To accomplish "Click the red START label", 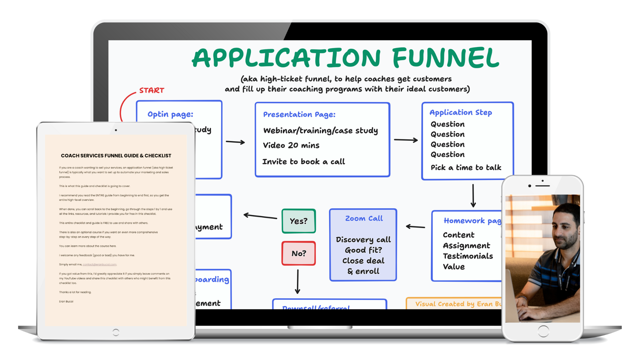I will (x=152, y=90).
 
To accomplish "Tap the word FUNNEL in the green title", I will (x=446, y=58).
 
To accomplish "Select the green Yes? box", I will (x=299, y=221).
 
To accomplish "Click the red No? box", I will (x=299, y=253).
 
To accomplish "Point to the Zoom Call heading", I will (x=364, y=219).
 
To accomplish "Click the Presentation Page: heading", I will (x=299, y=115).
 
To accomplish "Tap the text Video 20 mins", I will (x=291, y=145).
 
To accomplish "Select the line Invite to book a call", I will (x=304, y=162).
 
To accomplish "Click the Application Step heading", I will (x=461, y=113).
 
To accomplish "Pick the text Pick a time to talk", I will (x=466, y=167).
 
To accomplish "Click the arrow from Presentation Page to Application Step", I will (x=406, y=140).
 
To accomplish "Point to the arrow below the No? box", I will (x=298, y=282).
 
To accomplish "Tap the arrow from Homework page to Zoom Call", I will (x=415, y=227).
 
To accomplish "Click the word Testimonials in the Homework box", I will (x=468, y=256).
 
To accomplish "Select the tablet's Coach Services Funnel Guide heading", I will (x=116, y=156).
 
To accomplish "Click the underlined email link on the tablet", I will (x=100, y=265).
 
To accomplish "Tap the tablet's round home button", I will (x=116, y=332).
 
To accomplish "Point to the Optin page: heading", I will (x=170, y=114).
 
